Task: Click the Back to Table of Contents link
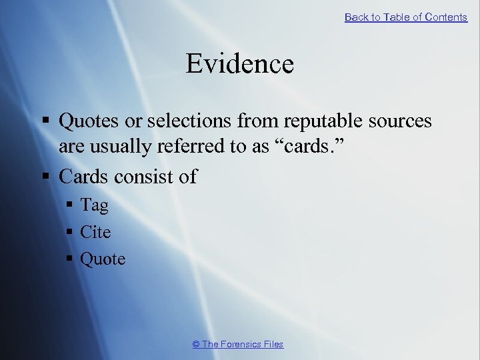click(405, 17)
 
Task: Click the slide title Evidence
click(239, 64)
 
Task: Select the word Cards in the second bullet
click(84, 177)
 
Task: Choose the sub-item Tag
click(94, 206)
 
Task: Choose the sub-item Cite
click(95, 232)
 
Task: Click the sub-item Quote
click(103, 259)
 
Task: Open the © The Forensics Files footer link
click(238, 344)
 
